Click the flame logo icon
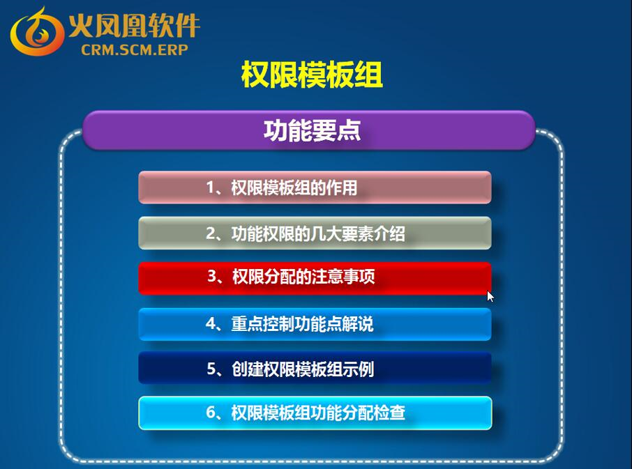click(37, 31)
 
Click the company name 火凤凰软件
click(134, 25)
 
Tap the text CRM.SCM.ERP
click(135, 49)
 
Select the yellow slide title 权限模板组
click(312, 75)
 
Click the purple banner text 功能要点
click(312, 130)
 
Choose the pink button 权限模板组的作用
click(315, 187)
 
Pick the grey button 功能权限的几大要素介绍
click(315, 233)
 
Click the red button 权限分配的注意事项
click(315, 278)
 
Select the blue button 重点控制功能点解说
click(315, 324)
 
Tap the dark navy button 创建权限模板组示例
click(315, 368)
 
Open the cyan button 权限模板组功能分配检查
click(315, 413)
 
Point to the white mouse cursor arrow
click(490, 296)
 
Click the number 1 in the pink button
click(210, 187)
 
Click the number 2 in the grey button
click(211, 233)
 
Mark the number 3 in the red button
click(212, 277)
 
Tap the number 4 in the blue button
click(211, 323)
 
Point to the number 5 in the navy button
click(211, 369)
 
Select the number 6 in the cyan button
click(211, 413)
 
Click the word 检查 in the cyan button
click(389, 413)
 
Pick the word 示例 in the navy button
click(358, 369)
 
